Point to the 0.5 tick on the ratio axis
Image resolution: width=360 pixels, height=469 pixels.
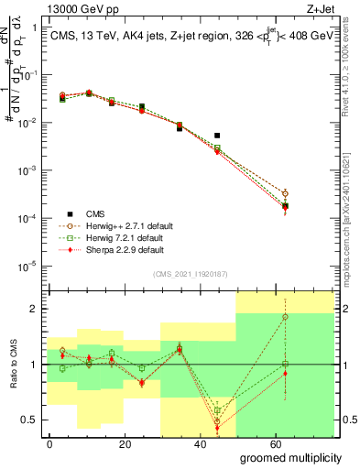pos(28,420)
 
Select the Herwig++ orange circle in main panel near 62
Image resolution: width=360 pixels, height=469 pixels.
pos(286,193)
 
